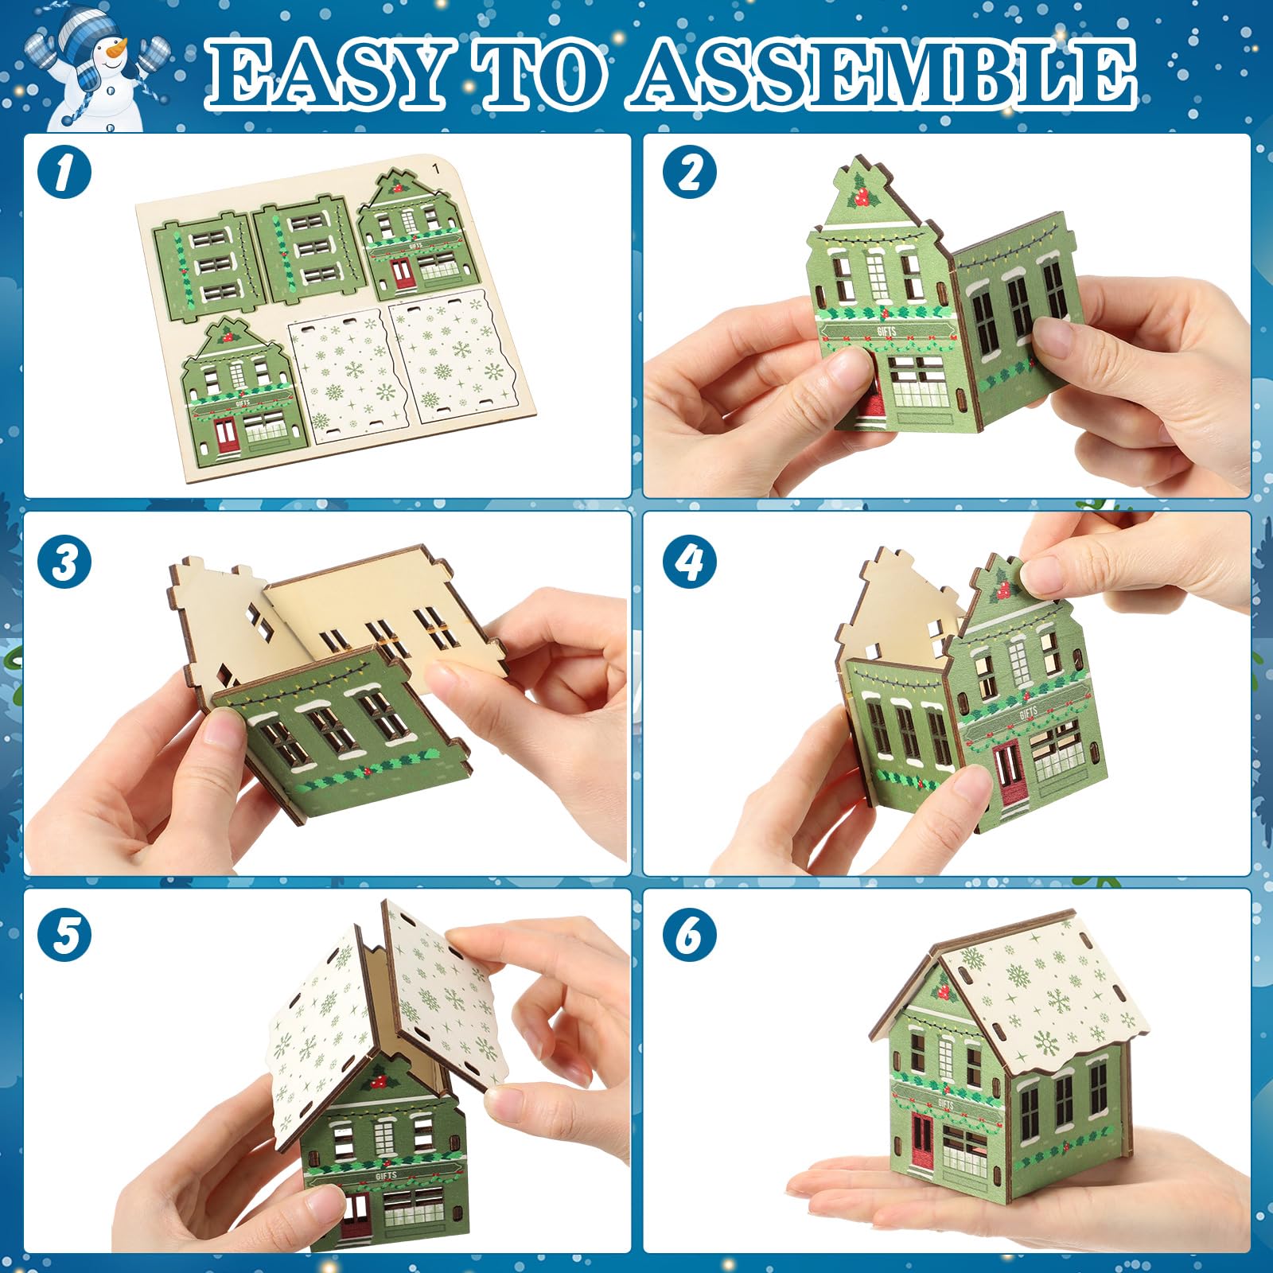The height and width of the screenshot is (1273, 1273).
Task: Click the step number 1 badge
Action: pos(64,172)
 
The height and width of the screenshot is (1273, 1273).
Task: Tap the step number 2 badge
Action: pos(690,172)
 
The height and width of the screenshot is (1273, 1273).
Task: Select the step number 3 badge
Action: pos(64,562)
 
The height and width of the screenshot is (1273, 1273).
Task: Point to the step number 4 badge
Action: pos(690,562)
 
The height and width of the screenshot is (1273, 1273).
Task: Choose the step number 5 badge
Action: pos(64,934)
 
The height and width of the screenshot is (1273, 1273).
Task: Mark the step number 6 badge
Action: pos(690,934)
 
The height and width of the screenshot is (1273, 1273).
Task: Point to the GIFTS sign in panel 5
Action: pos(385,1175)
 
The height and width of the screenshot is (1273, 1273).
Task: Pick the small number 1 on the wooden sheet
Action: pos(434,168)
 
